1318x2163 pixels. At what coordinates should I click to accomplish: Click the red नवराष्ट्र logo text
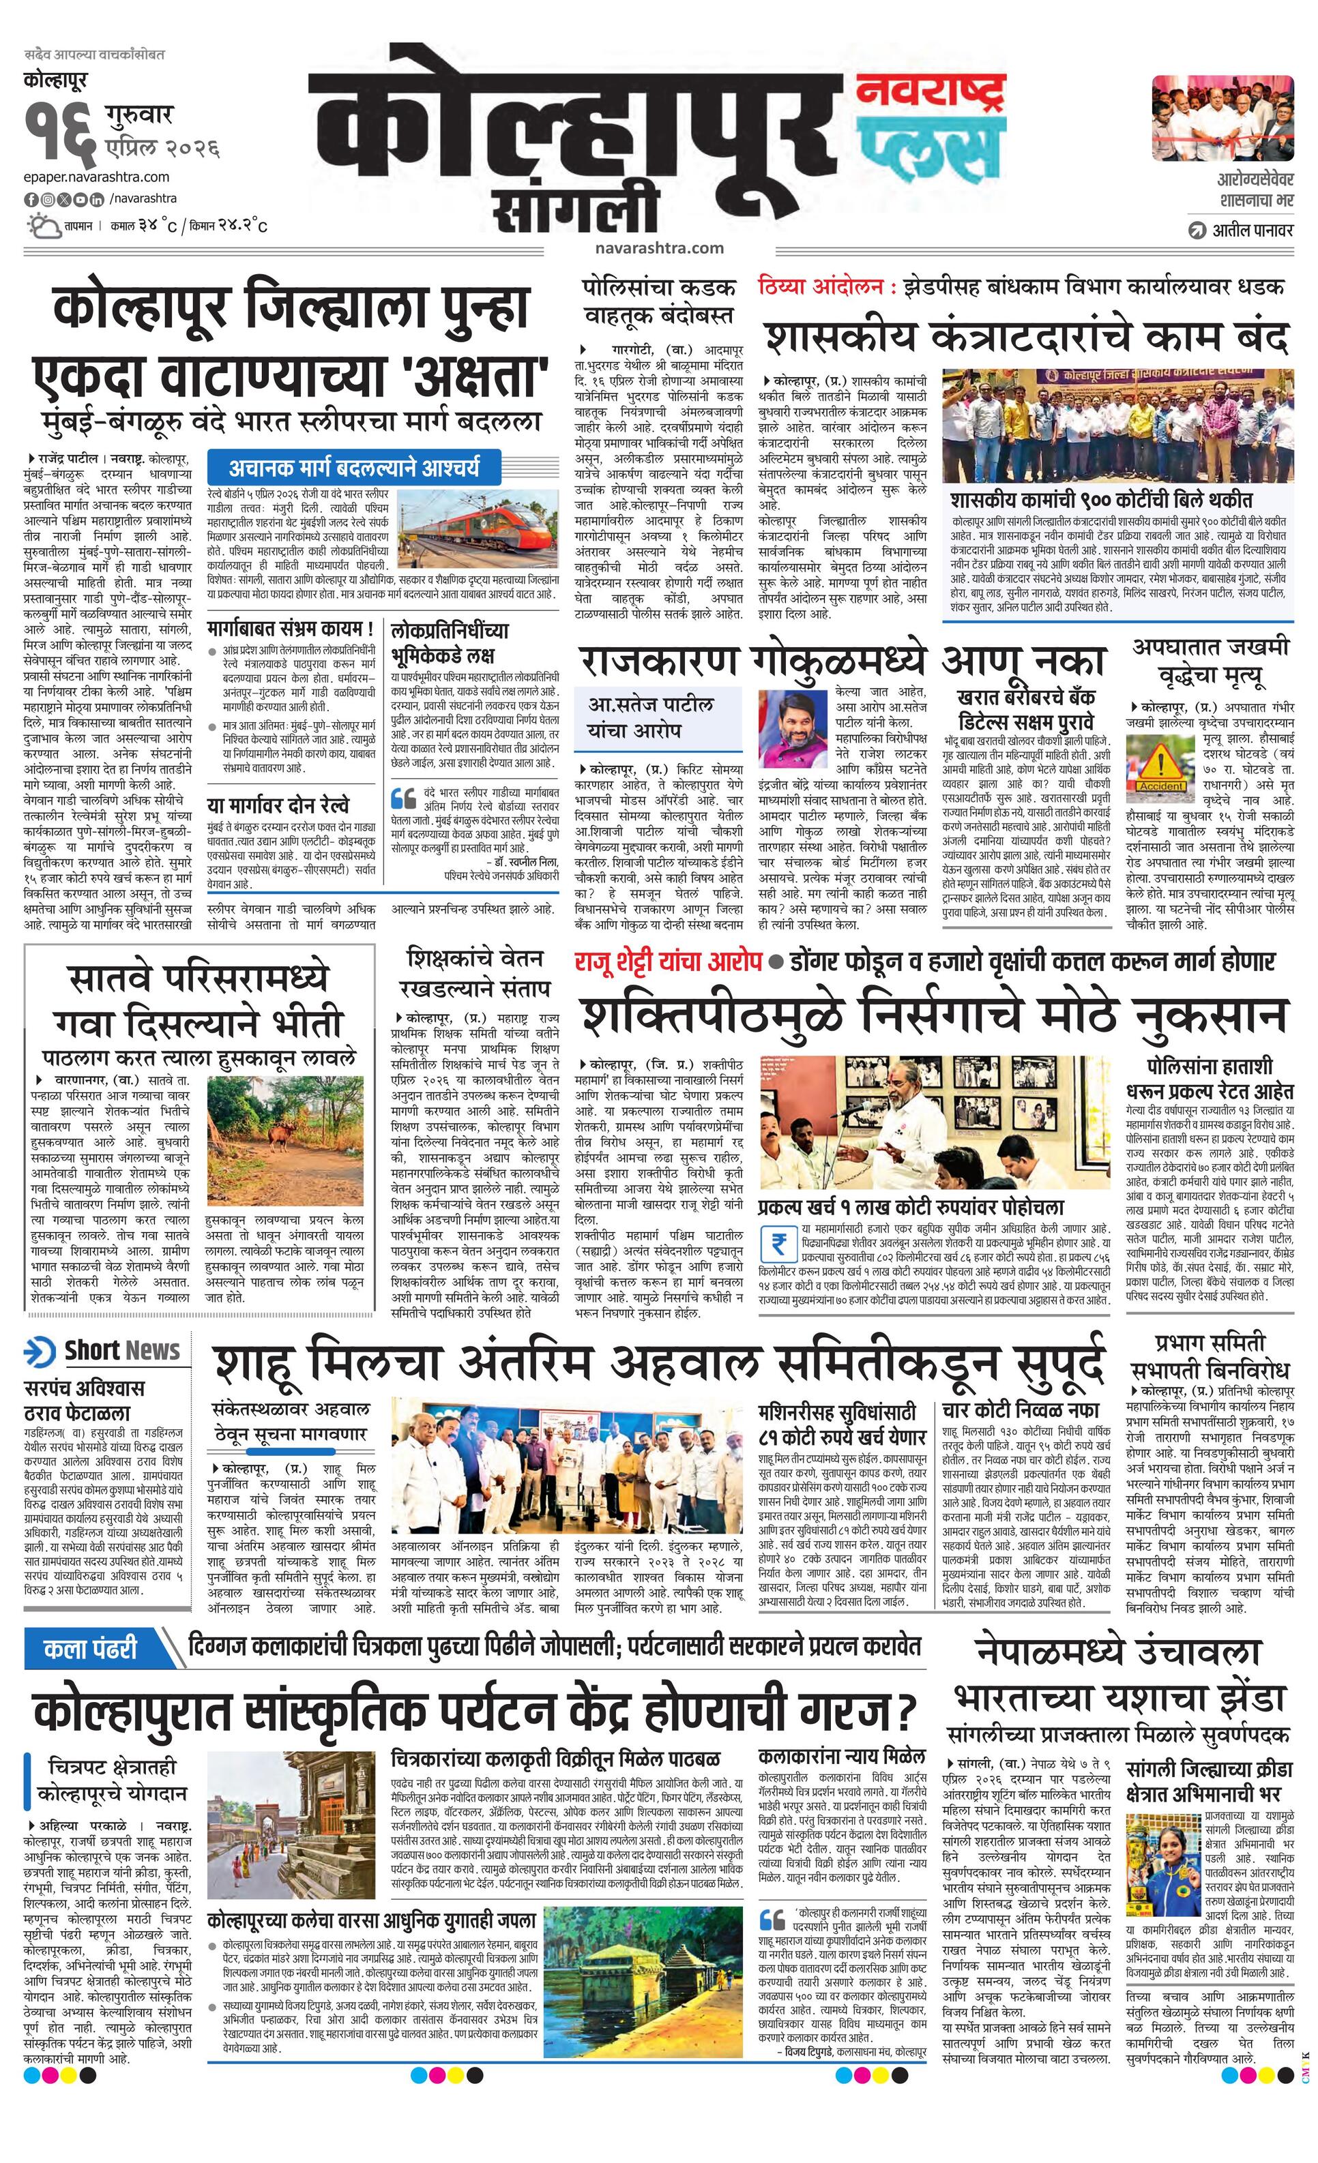coord(931,91)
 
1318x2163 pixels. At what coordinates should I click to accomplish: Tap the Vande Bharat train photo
coord(478,526)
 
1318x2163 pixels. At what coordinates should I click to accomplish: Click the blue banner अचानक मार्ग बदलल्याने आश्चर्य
coord(355,467)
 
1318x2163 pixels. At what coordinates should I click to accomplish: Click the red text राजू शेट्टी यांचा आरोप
coord(667,961)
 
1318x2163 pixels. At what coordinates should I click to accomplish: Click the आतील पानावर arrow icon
coord(1196,230)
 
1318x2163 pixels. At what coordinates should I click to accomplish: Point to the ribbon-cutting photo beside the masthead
coord(1222,114)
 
